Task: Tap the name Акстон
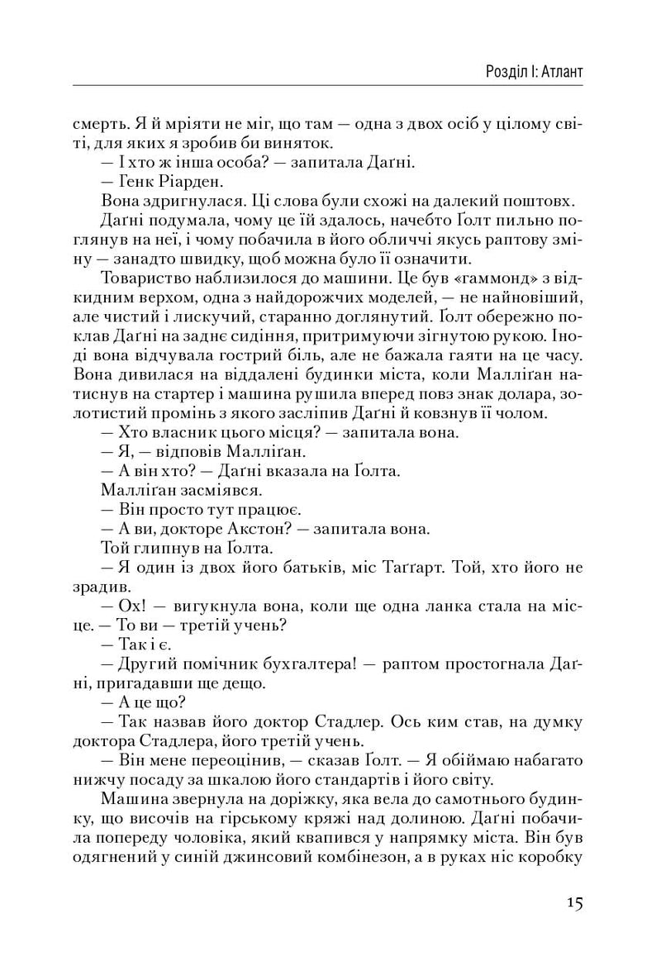point(269,526)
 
